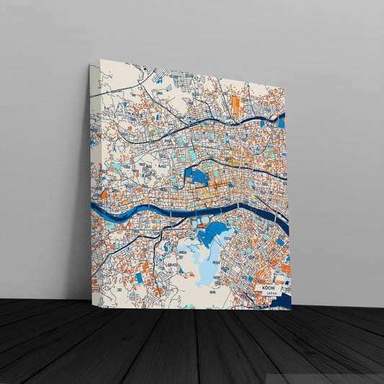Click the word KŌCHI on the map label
270,287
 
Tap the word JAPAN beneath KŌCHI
270,294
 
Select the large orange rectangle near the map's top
236,106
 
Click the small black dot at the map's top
145,70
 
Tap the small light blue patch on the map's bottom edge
189,306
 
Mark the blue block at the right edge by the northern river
281,122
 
